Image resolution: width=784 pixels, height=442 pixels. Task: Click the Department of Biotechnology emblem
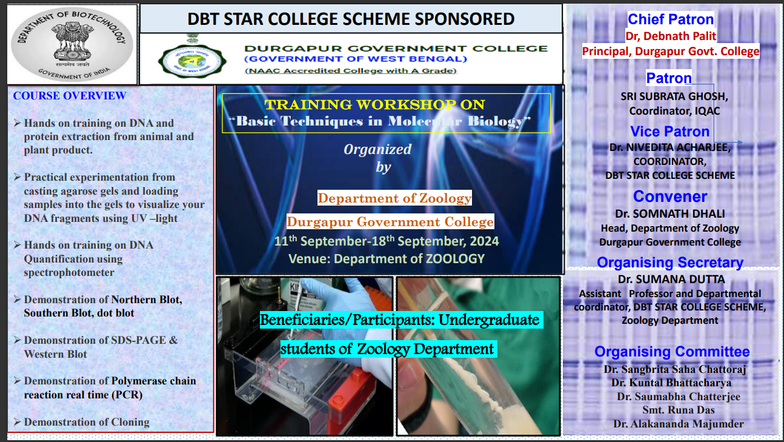pyautogui.click(x=72, y=44)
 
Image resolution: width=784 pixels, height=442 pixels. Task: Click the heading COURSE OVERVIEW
pyautogui.click(x=70, y=96)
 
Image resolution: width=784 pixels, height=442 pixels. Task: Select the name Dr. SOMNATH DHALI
pyautogui.click(x=670, y=213)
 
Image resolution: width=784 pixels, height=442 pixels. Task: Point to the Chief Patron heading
pyautogui.click(x=670, y=19)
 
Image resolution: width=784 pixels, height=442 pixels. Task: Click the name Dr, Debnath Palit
pyautogui.click(x=671, y=36)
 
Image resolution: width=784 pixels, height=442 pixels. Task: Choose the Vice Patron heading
pyautogui.click(x=670, y=132)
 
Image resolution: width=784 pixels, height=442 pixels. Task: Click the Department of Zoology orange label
pyautogui.click(x=394, y=198)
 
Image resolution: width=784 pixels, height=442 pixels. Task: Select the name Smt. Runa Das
pyautogui.click(x=679, y=410)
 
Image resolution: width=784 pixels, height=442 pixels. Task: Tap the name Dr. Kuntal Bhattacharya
pyautogui.click(x=671, y=383)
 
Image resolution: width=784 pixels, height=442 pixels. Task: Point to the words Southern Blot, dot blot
pyautogui.click(x=79, y=313)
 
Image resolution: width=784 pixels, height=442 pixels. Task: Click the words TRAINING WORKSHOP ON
pyautogui.click(x=375, y=104)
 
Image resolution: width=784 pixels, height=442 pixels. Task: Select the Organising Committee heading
pyautogui.click(x=672, y=352)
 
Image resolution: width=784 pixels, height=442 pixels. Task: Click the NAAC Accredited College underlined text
pyautogui.click(x=351, y=71)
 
